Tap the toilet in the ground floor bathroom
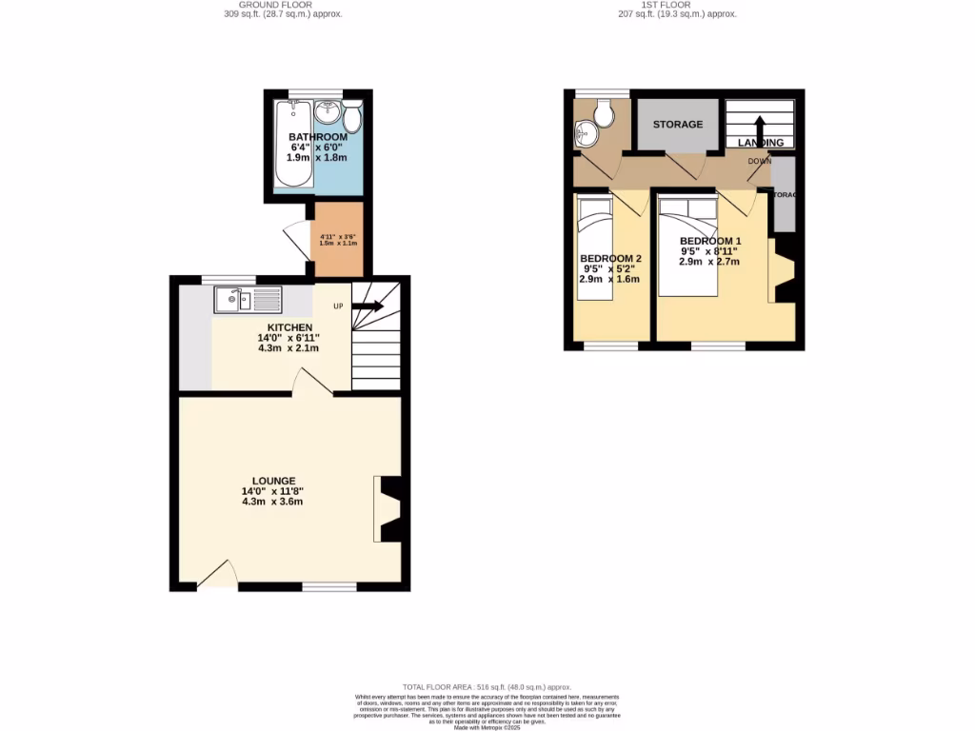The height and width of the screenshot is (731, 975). tap(351, 118)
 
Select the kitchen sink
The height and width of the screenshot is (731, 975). tap(248, 300)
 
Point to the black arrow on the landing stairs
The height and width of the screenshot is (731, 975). tap(760, 128)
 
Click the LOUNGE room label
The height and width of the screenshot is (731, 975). tap(273, 481)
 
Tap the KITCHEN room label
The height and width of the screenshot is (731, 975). tap(289, 327)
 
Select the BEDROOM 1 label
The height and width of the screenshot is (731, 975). tap(710, 241)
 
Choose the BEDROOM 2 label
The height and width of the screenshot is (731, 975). tap(610, 259)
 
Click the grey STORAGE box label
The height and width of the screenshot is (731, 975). tap(677, 125)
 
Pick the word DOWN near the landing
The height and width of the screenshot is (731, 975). tap(759, 161)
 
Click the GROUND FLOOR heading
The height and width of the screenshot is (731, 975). tap(276, 5)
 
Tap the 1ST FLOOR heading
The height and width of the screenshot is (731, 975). tap(677, 5)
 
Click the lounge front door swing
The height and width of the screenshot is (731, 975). tap(218, 574)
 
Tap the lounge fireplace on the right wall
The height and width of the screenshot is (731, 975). tap(389, 506)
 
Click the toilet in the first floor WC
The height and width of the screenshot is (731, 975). tap(602, 116)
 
